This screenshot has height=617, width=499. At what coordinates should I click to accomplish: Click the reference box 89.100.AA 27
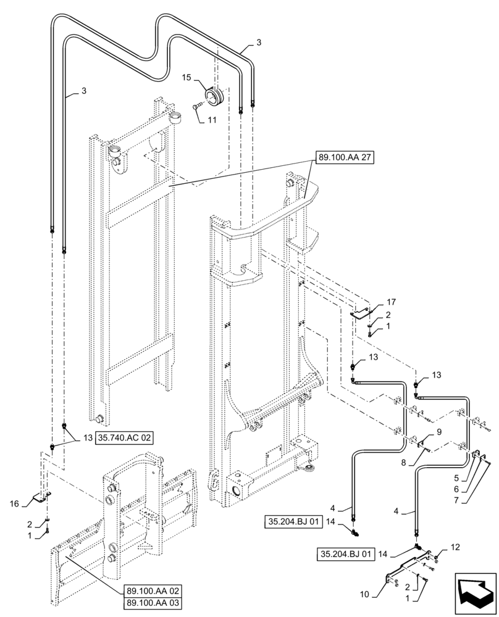click(x=346, y=157)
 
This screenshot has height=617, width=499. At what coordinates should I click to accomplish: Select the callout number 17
click(x=391, y=302)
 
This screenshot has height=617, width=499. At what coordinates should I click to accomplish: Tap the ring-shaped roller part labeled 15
click(x=217, y=97)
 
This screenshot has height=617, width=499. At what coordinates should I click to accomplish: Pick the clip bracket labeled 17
click(x=363, y=313)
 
